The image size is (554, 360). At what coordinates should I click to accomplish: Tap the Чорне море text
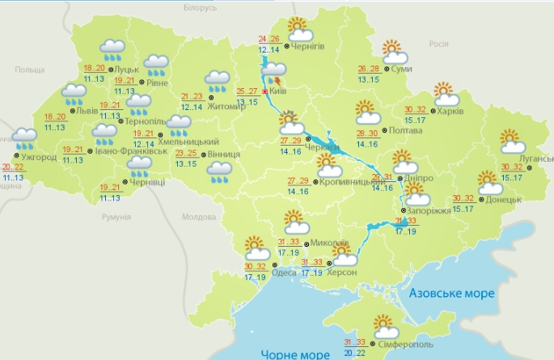tap(295, 353)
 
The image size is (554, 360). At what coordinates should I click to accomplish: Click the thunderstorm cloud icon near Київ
tap(274, 72)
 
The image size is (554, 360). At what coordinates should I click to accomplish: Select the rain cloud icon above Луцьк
tap(111, 51)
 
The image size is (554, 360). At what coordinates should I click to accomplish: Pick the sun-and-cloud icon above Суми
tap(395, 53)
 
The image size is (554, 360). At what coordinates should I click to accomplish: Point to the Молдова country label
tap(199, 217)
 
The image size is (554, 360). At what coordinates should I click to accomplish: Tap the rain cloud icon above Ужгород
tap(24, 138)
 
